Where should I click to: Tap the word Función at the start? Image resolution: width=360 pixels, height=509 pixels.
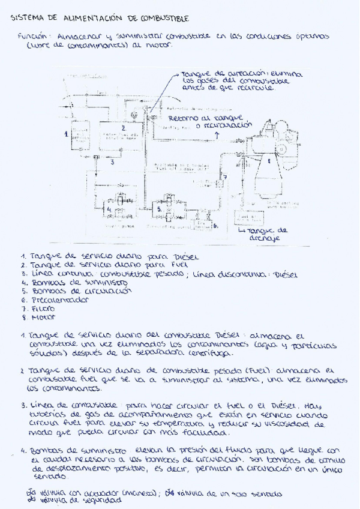coord(30,37)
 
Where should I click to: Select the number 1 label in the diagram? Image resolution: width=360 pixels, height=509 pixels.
coord(66,134)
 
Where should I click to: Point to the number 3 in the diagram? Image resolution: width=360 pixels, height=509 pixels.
coord(112,161)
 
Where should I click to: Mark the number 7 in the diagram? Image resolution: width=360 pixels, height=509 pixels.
coord(225,178)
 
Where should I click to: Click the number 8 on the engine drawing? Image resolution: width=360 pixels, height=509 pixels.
coord(269,161)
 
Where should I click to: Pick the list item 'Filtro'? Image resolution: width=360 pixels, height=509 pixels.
coord(40,307)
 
